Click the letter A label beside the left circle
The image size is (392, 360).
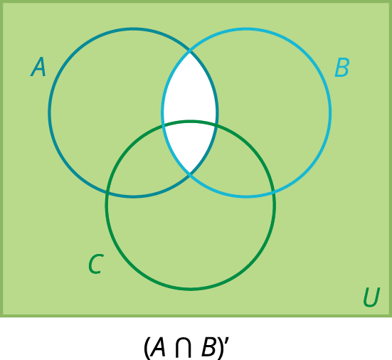pyautogui.click(x=38, y=67)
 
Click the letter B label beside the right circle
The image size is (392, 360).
pyautogui.click(x=342, y=67)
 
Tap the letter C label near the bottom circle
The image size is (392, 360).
pyautogui.click(x=96, y=264)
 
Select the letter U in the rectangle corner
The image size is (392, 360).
pyautogui.click(x=371, y=297)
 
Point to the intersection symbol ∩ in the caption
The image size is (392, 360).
pyautogui.click(x=184, y=347)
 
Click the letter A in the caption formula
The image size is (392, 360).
pyautogui.click(x=157, y=347)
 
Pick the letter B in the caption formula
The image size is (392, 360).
pyautogui.click(x=209, y=347)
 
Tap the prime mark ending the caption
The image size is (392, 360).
pyautogui.click(x=227, y=342)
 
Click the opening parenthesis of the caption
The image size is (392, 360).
pyautogui.click(x=147, y=348)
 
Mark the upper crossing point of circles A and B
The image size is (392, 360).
pyautogui.click(x=190, y=51)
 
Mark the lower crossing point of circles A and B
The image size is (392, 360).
pyautogui.click(x=190, y=174)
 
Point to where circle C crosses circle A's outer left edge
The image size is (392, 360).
pyautogui.click(x=107, y=193)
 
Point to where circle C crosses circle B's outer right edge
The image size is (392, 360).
pyautogui.click(x=274, y=193)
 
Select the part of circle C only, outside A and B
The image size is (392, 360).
pyautogui.click(x=190, y=238)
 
